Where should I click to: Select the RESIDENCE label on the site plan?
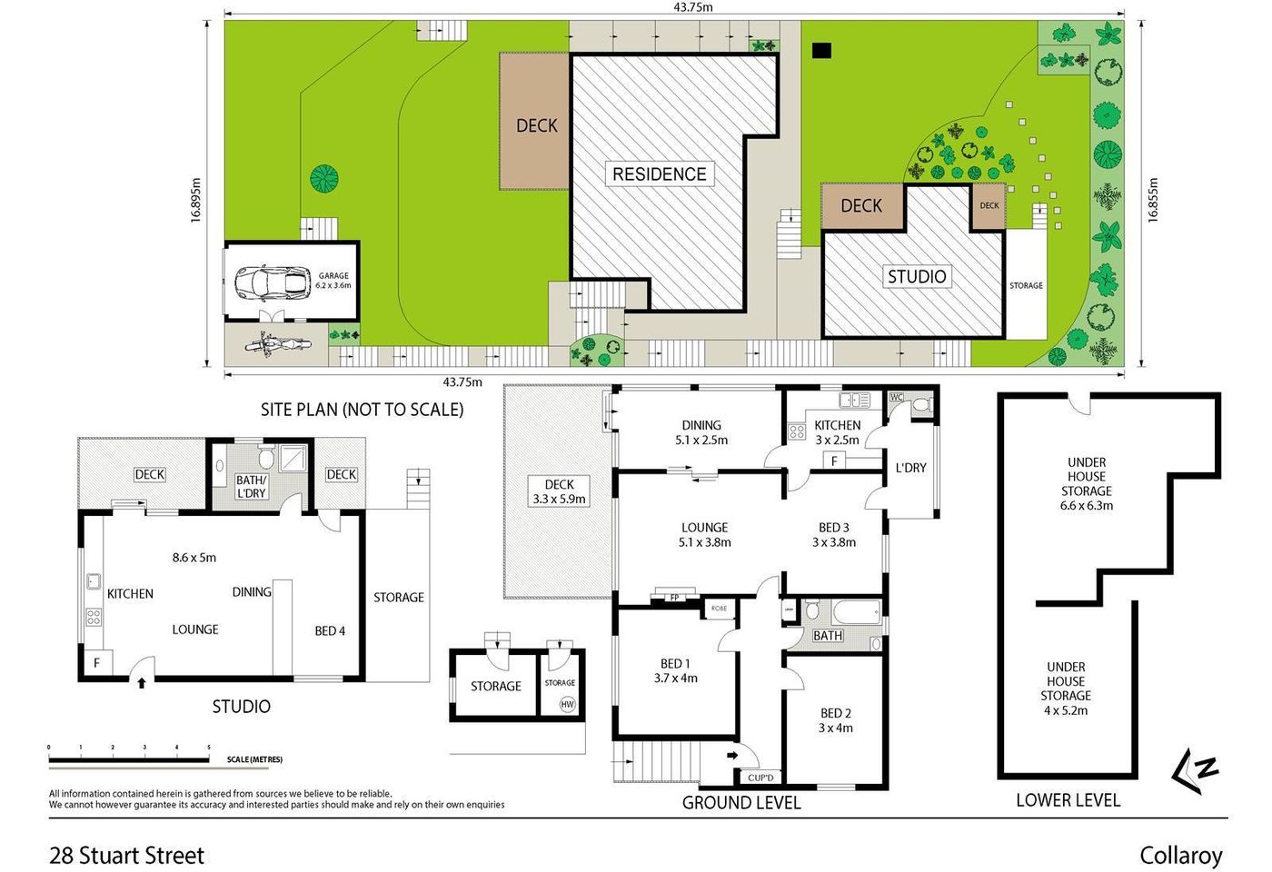click(659, 173)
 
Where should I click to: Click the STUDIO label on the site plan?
click(916, 276)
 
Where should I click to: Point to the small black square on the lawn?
click(821, 51)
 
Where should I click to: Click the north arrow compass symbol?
click(1196, 771)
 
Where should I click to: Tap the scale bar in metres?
click(129, 758)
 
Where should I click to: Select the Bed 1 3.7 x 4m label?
click(675, 670)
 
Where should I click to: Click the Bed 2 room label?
click(835, 720)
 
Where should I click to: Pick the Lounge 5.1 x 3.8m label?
click(704, 534)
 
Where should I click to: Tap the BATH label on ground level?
click(827, 636)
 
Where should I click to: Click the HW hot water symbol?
click(567, 704)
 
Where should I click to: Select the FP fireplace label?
click(674, 598)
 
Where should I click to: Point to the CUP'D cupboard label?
click(760, 778)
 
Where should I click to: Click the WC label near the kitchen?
click(897, 397)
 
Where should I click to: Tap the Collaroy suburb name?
click(1180, 855)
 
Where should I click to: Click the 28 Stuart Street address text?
click(127, 855)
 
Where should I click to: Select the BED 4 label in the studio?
click(330, 630)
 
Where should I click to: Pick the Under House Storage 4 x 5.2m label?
click(1065, 689)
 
